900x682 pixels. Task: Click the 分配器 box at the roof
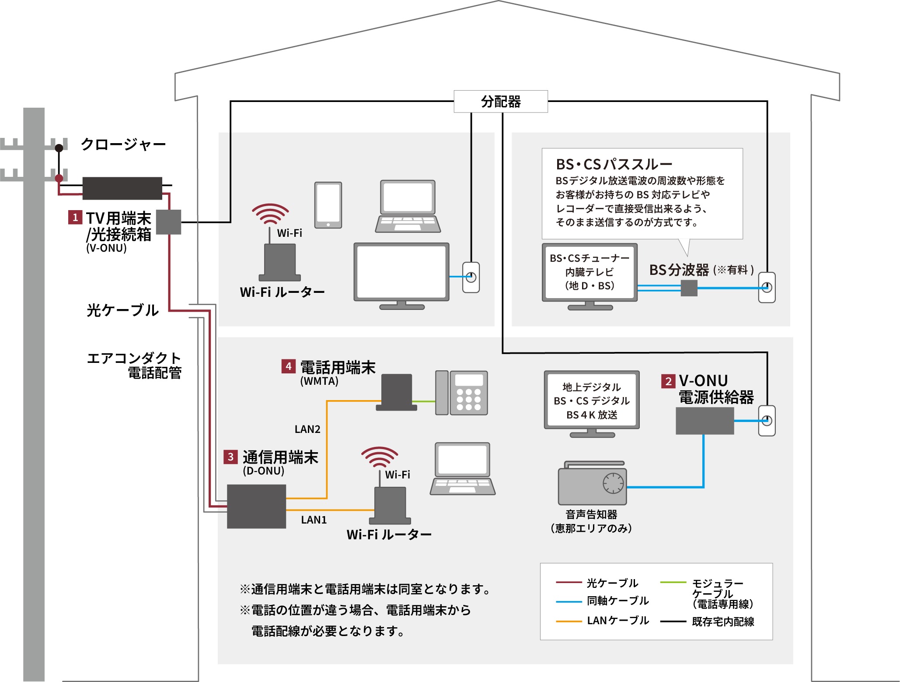point(500,102)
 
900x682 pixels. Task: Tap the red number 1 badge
point(75,217)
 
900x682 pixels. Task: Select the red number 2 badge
point(668,381)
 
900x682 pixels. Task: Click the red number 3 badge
point(230,457)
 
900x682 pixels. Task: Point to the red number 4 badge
point(288,366)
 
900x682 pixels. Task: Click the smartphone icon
point(328,205)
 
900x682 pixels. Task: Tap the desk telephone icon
point(461,393)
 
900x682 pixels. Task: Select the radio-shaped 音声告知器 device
point(592,484)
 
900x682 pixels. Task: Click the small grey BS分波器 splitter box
point(689,288)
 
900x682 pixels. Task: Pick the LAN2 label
point(307,429)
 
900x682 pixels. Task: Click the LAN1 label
point(314,520)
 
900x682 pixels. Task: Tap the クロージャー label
point(123,144)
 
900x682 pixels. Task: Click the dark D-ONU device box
point(256,506)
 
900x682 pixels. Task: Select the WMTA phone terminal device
point(396,392)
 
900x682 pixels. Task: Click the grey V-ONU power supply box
point(705,421)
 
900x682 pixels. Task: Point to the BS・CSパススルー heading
point(614,164)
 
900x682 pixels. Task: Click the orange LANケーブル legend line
point(569,621)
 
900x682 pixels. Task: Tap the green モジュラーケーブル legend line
point(673,583)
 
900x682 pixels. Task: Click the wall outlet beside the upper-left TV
point(471,277)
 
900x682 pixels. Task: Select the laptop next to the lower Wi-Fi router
point(463,468)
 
